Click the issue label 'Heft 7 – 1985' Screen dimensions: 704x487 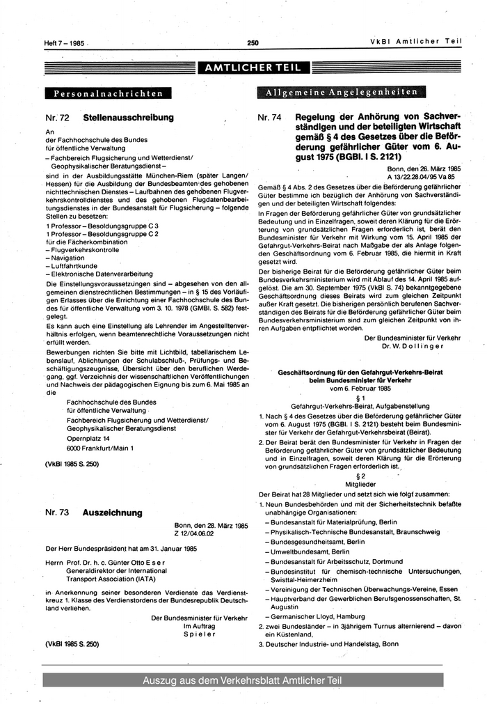pos(64,43)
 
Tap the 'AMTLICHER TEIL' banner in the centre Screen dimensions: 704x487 pos(253,68)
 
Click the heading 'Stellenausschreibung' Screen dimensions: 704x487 pos(128,118)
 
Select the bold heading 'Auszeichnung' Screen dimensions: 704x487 pos(112,513)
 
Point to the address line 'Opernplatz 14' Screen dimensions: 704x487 pos(88,439)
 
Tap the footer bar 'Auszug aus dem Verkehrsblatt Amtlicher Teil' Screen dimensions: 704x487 pos(243,680)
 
